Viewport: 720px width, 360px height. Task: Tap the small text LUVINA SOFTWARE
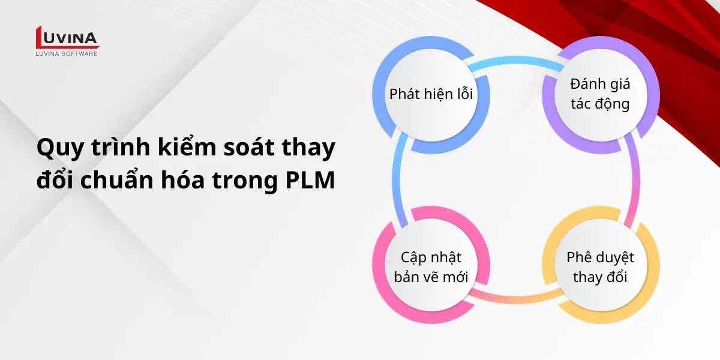(x=67, y=54)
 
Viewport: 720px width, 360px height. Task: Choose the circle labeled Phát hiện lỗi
(x=431, y=95)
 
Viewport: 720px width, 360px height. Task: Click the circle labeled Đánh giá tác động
(x=600, y=94)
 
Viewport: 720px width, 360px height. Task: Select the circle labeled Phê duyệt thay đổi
(x=600, y=267)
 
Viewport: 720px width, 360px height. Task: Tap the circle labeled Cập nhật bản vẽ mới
(x=431, y=267)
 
